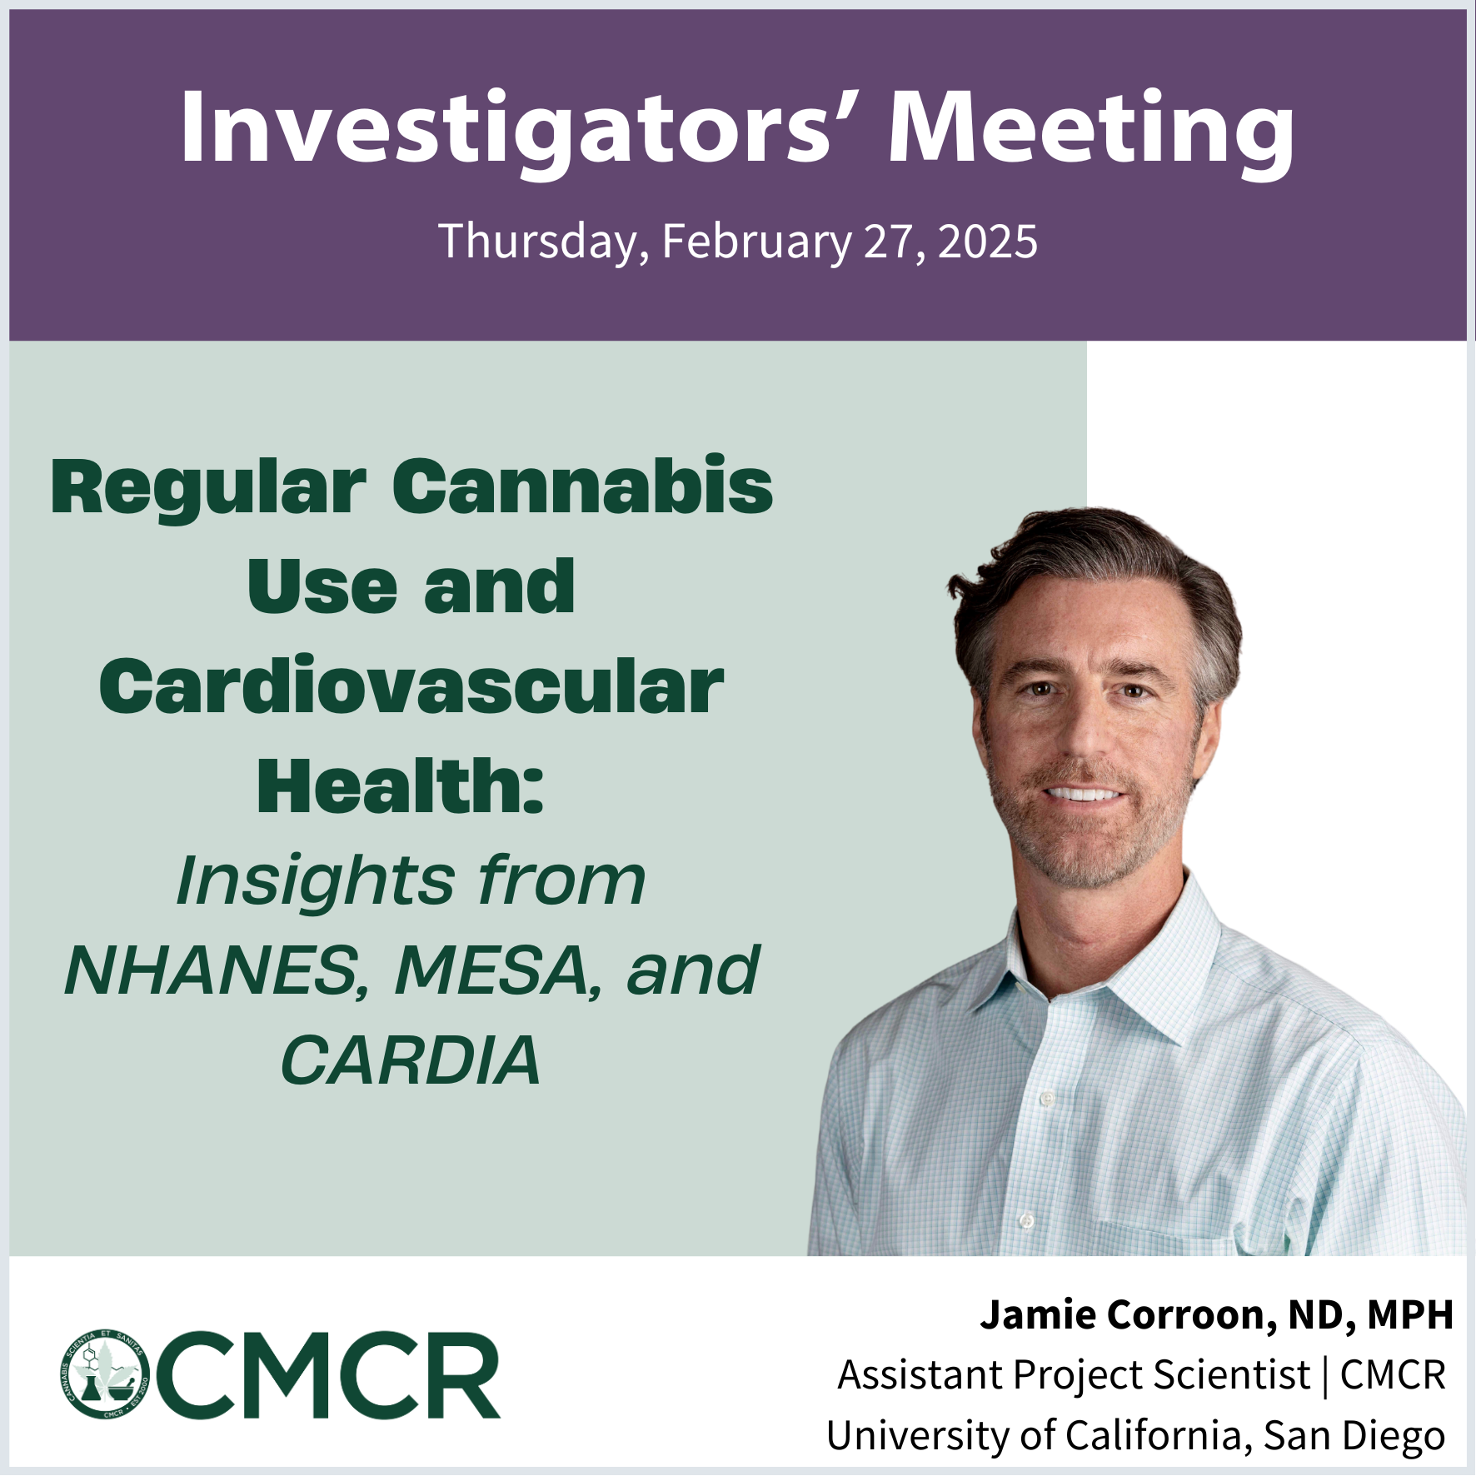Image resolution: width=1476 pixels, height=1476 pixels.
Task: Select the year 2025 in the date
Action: [988, 242]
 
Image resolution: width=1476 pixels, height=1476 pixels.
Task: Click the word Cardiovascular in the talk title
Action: [411, 686]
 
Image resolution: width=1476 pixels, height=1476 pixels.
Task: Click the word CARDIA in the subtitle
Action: [411, 1060]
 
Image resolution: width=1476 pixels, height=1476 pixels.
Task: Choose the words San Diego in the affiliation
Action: [1354, 1437]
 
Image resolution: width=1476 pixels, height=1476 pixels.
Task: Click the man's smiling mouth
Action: [1085, 792]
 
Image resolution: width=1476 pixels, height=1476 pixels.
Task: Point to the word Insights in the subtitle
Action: [316, 882]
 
